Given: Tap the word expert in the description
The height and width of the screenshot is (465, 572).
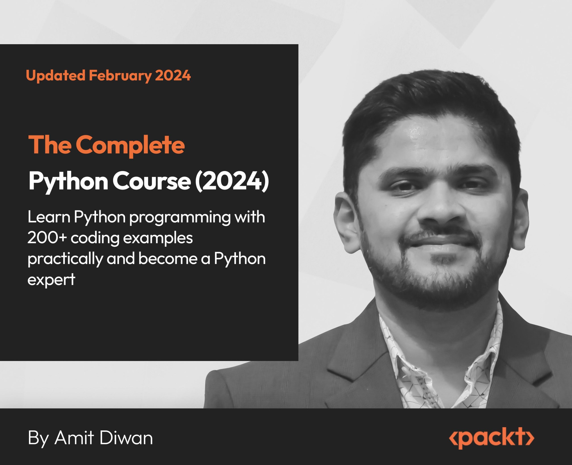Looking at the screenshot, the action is click(51, 280).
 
